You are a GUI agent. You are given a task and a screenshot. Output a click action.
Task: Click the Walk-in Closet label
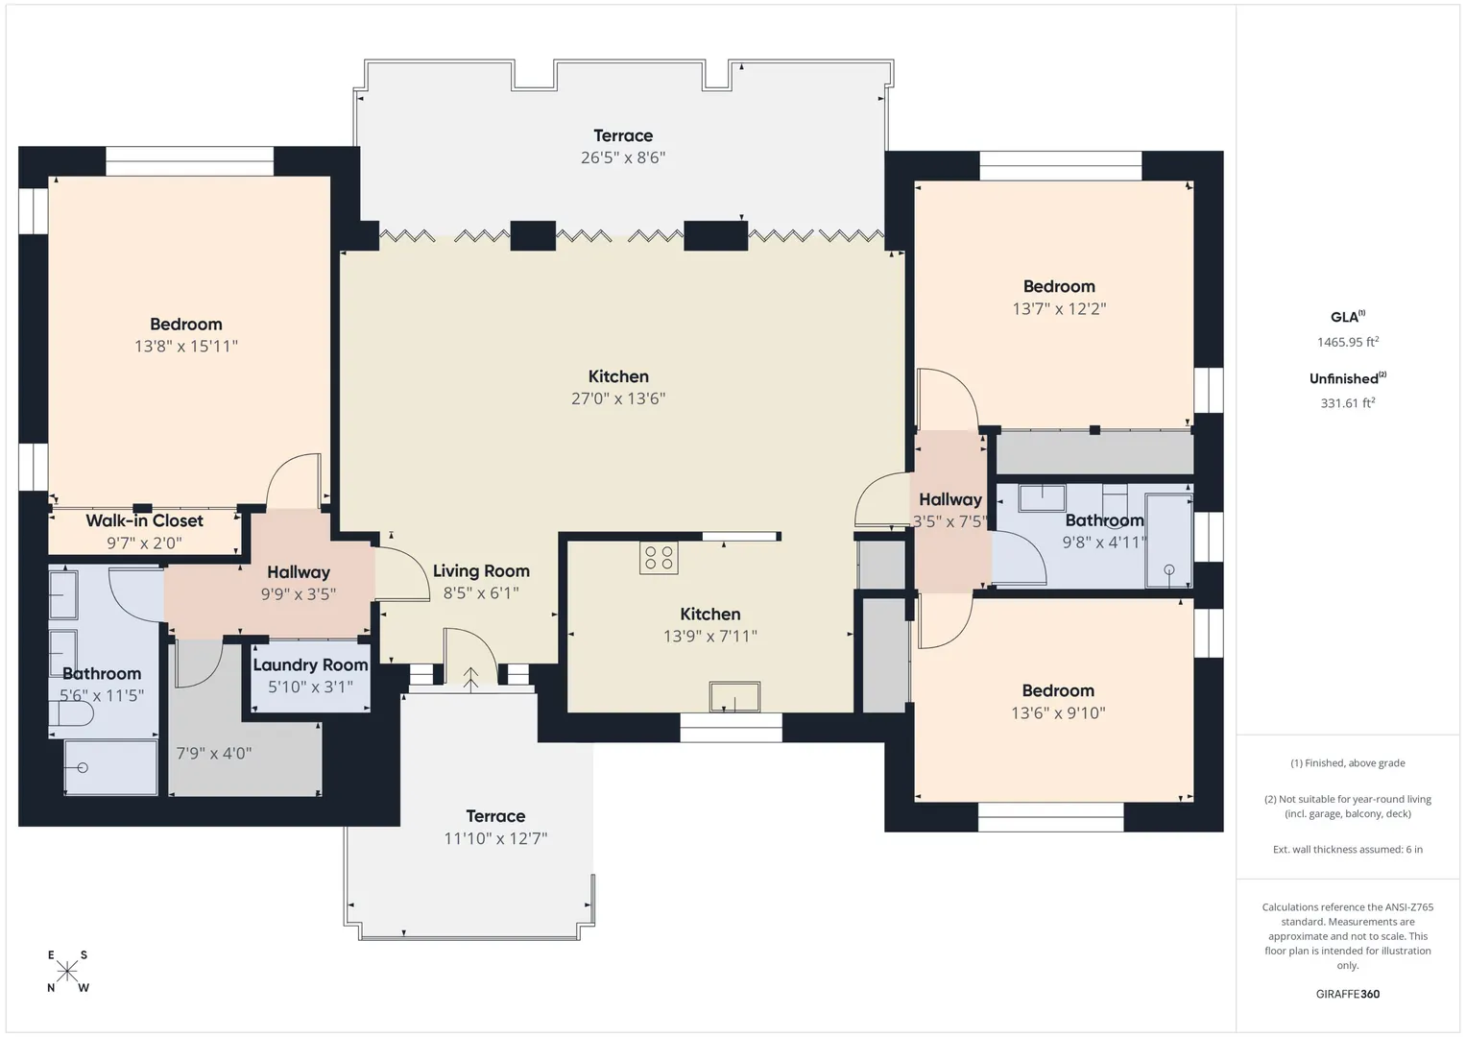tap(144, 521)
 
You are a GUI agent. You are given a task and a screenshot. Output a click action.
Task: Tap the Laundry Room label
tap(310, 665)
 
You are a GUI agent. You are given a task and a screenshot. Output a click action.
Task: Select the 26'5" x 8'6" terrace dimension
tap(623, 157)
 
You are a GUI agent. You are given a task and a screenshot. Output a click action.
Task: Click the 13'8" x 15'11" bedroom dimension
tap(186, 347)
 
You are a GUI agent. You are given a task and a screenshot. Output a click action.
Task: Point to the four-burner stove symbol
tap(659, 558)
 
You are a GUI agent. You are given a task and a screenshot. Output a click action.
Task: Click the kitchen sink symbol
tap(734, 696)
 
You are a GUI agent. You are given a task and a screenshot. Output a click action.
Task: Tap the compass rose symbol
tap(67, 972)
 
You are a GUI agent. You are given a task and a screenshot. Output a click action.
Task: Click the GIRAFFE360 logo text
tap(1348, 994)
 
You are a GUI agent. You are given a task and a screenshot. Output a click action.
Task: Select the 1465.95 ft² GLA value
tap(1348, 342)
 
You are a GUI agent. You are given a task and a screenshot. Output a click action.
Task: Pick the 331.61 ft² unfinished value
tap(1348, 403)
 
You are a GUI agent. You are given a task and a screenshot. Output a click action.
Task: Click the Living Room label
tap(481, 571)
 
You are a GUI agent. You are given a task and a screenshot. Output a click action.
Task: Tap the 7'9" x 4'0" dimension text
tap(214, 754)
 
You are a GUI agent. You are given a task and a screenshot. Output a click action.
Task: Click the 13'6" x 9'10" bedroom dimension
tap(1058, 712)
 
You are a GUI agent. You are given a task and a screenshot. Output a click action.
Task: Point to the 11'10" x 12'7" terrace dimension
tap(495, 838)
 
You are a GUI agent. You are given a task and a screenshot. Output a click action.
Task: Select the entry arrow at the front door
tap(470, 680)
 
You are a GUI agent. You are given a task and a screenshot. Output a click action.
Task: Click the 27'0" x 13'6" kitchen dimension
tap(618, 398)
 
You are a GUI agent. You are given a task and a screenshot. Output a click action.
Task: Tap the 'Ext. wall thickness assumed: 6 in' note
tap(1348, 849)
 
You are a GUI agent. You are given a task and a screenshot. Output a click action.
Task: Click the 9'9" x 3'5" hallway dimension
tap(299, 593)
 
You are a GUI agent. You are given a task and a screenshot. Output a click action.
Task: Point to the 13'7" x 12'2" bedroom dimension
tap(1059, 308)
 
